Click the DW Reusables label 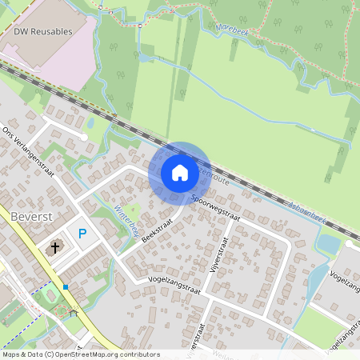click(42, 31)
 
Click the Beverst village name click(31, 216)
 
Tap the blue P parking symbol click(82, 234)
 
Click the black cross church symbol click(55, 247)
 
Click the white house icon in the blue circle click(179, 173)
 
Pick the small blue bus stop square click(66, 286)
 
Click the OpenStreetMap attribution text click(81, 354)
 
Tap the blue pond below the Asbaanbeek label click(328, 241)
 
